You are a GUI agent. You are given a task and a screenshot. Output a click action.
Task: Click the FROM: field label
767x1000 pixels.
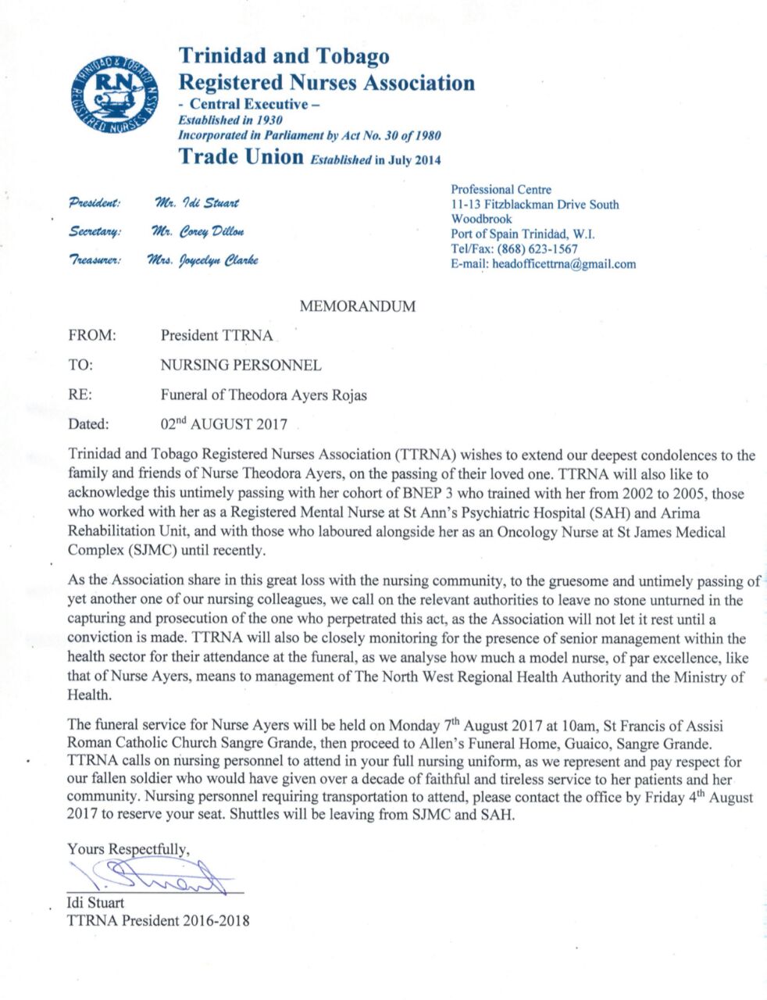92,336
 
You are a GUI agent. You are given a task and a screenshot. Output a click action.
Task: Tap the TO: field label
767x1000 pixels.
80,365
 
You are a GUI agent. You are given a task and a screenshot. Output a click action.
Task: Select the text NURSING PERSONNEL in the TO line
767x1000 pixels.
241,365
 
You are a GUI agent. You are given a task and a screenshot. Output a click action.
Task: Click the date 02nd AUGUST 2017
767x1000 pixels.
224,425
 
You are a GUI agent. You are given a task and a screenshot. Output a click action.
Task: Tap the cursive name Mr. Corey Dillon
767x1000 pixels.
200,231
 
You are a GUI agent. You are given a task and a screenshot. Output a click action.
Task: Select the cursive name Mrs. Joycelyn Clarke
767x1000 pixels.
202,259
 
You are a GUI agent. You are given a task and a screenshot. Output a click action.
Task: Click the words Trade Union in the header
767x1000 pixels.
241,156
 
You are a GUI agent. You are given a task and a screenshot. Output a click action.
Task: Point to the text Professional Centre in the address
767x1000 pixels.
501,190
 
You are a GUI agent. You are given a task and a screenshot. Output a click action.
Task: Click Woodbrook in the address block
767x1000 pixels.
481,220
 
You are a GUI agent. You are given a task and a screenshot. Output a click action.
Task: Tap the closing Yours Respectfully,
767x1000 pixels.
129,848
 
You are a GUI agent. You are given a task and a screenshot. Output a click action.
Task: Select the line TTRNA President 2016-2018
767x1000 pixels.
159,920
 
